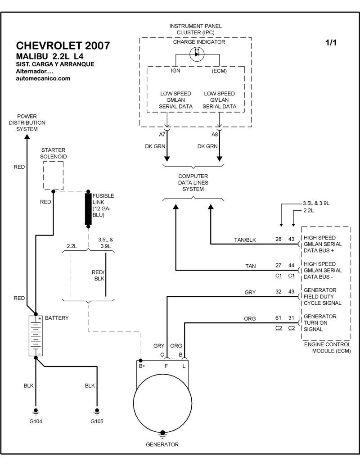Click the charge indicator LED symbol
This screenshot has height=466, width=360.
click(197, 54)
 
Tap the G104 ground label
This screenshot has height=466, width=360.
click(36, 421)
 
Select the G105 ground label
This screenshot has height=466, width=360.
click(97, 421)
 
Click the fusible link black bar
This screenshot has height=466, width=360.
click(88, 209)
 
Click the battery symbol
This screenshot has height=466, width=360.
click(36, 335)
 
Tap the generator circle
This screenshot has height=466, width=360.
click(162, 403)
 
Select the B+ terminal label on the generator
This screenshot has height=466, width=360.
click(142, 366)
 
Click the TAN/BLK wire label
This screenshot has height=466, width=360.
click(245, 240)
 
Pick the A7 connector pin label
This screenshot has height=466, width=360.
click(162, 134)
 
